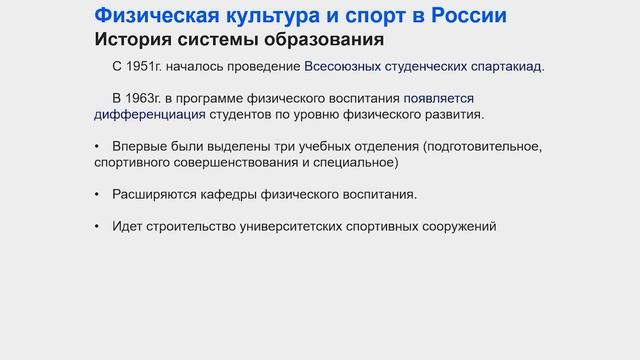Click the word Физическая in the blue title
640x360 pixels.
pos(152,16)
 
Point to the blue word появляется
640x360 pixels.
pos(439,99)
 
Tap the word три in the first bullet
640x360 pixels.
pos(280,147)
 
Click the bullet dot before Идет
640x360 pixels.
pos(98,226)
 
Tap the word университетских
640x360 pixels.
pos(304,226)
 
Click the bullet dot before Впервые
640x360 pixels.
pos(98,147)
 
